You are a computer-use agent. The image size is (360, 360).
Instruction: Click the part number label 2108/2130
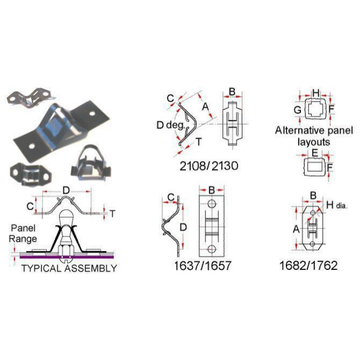[209, 166]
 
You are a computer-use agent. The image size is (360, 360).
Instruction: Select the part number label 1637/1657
[202, 266]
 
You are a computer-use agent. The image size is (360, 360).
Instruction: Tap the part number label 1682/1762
[308, 265]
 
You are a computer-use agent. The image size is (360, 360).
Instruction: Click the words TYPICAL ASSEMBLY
[69, 268]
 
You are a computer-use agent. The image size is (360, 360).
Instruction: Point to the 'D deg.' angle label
[170, 125]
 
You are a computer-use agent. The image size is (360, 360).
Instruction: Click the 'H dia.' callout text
[337, 205]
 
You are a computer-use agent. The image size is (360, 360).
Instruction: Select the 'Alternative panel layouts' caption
[314, 136]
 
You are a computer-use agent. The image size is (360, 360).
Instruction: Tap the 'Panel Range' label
[23, 233]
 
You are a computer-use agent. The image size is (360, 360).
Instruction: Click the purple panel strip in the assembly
[67, 257]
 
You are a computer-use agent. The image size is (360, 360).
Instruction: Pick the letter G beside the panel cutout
[298, 110]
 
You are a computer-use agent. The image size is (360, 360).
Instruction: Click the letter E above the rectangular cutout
[315, 153]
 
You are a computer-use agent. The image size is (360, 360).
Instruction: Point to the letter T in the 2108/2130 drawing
[199, 142]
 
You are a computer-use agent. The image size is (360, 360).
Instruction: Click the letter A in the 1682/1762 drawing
[296, 229]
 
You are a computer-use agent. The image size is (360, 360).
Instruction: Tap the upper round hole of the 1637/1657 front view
[212, 203]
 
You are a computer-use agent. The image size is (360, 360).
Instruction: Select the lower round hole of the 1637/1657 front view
[212, 249]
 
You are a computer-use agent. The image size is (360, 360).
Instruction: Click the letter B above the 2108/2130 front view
[232, 92]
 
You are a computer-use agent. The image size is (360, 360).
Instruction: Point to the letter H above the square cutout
[316, 93]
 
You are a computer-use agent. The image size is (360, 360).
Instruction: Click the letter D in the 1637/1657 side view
[183, 227]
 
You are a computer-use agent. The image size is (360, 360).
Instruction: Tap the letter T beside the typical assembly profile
[112, 214]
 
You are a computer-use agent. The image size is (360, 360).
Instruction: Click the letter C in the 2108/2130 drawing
[170, 99]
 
